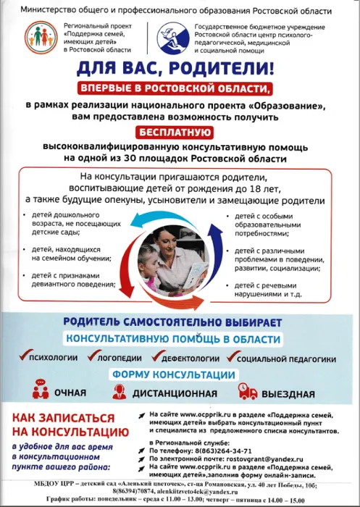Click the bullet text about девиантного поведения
[x=66, y=280]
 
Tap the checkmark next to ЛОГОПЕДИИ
[x=91, y=356]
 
